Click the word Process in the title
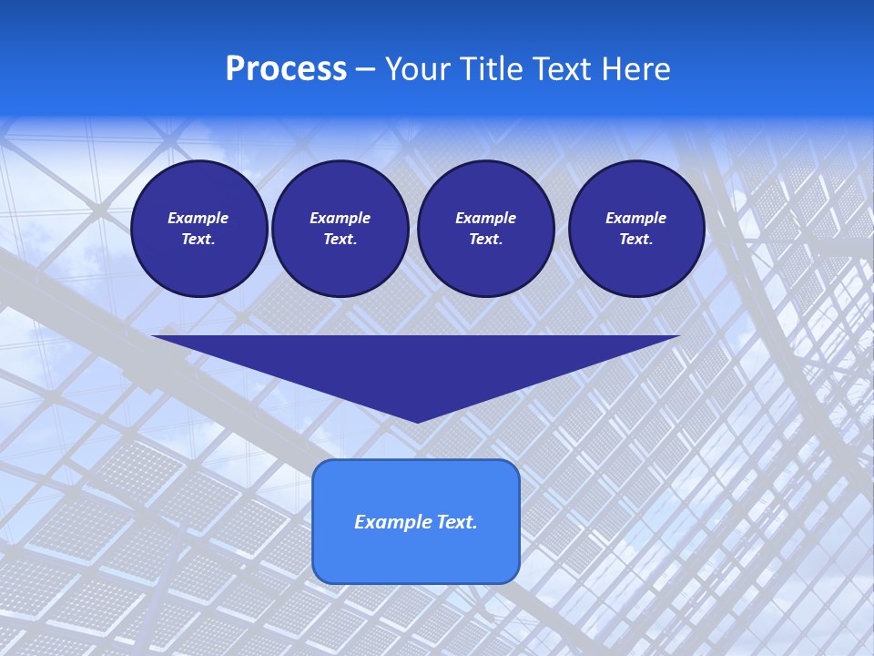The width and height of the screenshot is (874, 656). click(x=286, y=69)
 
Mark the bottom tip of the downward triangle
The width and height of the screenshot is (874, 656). click(x=417, y=420)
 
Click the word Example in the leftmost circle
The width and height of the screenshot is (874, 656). click(x=198, y=218)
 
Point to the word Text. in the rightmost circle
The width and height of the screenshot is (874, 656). click(x=635, y=240)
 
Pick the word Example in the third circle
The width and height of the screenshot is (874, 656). click(x=485, y=218)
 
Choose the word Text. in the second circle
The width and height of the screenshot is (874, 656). click(x=340, y=240)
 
